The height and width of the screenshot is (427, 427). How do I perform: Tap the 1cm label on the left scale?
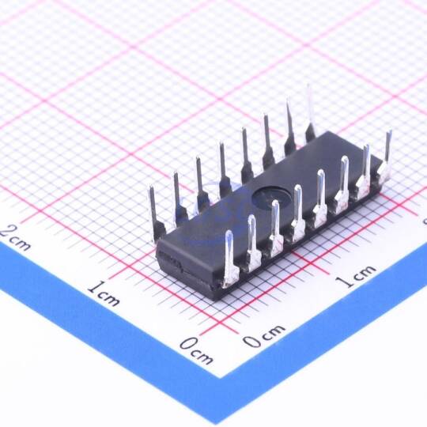(104, 293)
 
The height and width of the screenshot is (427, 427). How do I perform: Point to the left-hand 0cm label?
(197, 350)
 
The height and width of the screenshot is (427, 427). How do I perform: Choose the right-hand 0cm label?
(263, 335)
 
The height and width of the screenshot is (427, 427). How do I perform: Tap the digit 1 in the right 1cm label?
(342, 282)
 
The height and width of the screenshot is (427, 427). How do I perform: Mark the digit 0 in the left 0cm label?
(188, 344)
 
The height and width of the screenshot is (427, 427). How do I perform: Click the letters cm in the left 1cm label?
(110, 298)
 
